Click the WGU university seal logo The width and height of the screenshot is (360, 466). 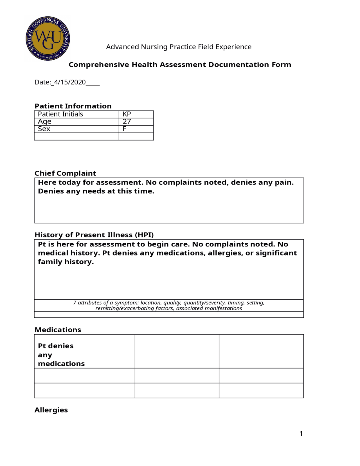48,38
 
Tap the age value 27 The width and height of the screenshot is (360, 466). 127,122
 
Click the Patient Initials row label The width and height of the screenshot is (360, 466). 60,114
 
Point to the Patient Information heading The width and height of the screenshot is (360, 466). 73,106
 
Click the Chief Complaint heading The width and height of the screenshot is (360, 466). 65,173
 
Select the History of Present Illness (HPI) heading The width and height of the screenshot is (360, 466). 94,235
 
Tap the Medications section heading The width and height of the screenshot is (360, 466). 58,330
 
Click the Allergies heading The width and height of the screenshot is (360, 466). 51,410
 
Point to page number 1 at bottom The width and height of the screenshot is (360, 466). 301,434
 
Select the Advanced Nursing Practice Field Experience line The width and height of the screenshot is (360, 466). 179,47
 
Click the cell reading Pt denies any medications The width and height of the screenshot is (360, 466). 61,355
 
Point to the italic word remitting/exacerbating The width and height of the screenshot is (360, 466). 125,308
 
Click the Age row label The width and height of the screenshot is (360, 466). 44,122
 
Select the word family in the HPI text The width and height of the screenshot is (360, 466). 50,262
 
